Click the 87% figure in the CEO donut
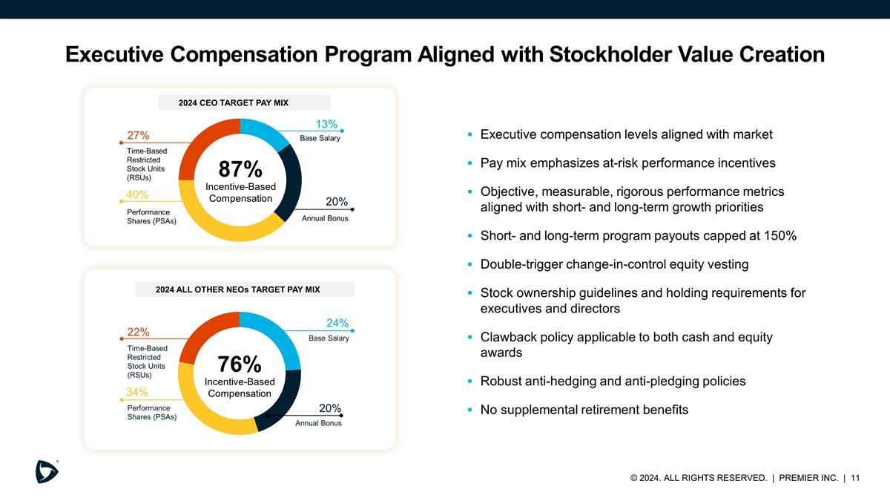(240, 168)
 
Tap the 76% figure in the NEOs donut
(240, 364)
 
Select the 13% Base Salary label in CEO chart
(327, 124)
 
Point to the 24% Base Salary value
(337, 323)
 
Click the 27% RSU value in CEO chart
(138, 135)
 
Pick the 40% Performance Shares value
(137, 194)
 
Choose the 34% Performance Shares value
(137, 392)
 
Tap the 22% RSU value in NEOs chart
(138, 332)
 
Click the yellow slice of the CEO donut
(215, 223)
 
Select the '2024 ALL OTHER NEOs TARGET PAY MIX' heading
(237, 289)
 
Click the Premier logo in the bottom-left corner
(47, 471)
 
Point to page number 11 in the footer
(855, 478)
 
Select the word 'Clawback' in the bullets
(508, 337)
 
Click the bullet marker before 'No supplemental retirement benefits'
(469, 410)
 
